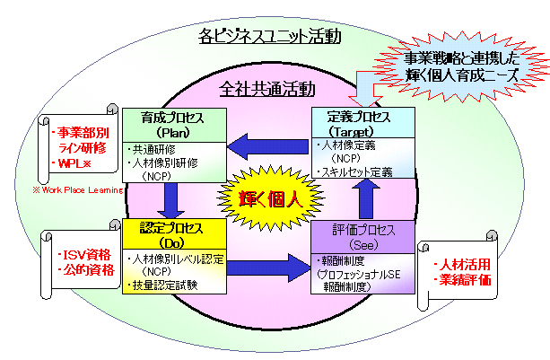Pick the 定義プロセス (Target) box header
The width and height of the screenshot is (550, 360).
[362, 124]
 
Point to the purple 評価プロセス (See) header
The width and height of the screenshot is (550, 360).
[362, 236]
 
